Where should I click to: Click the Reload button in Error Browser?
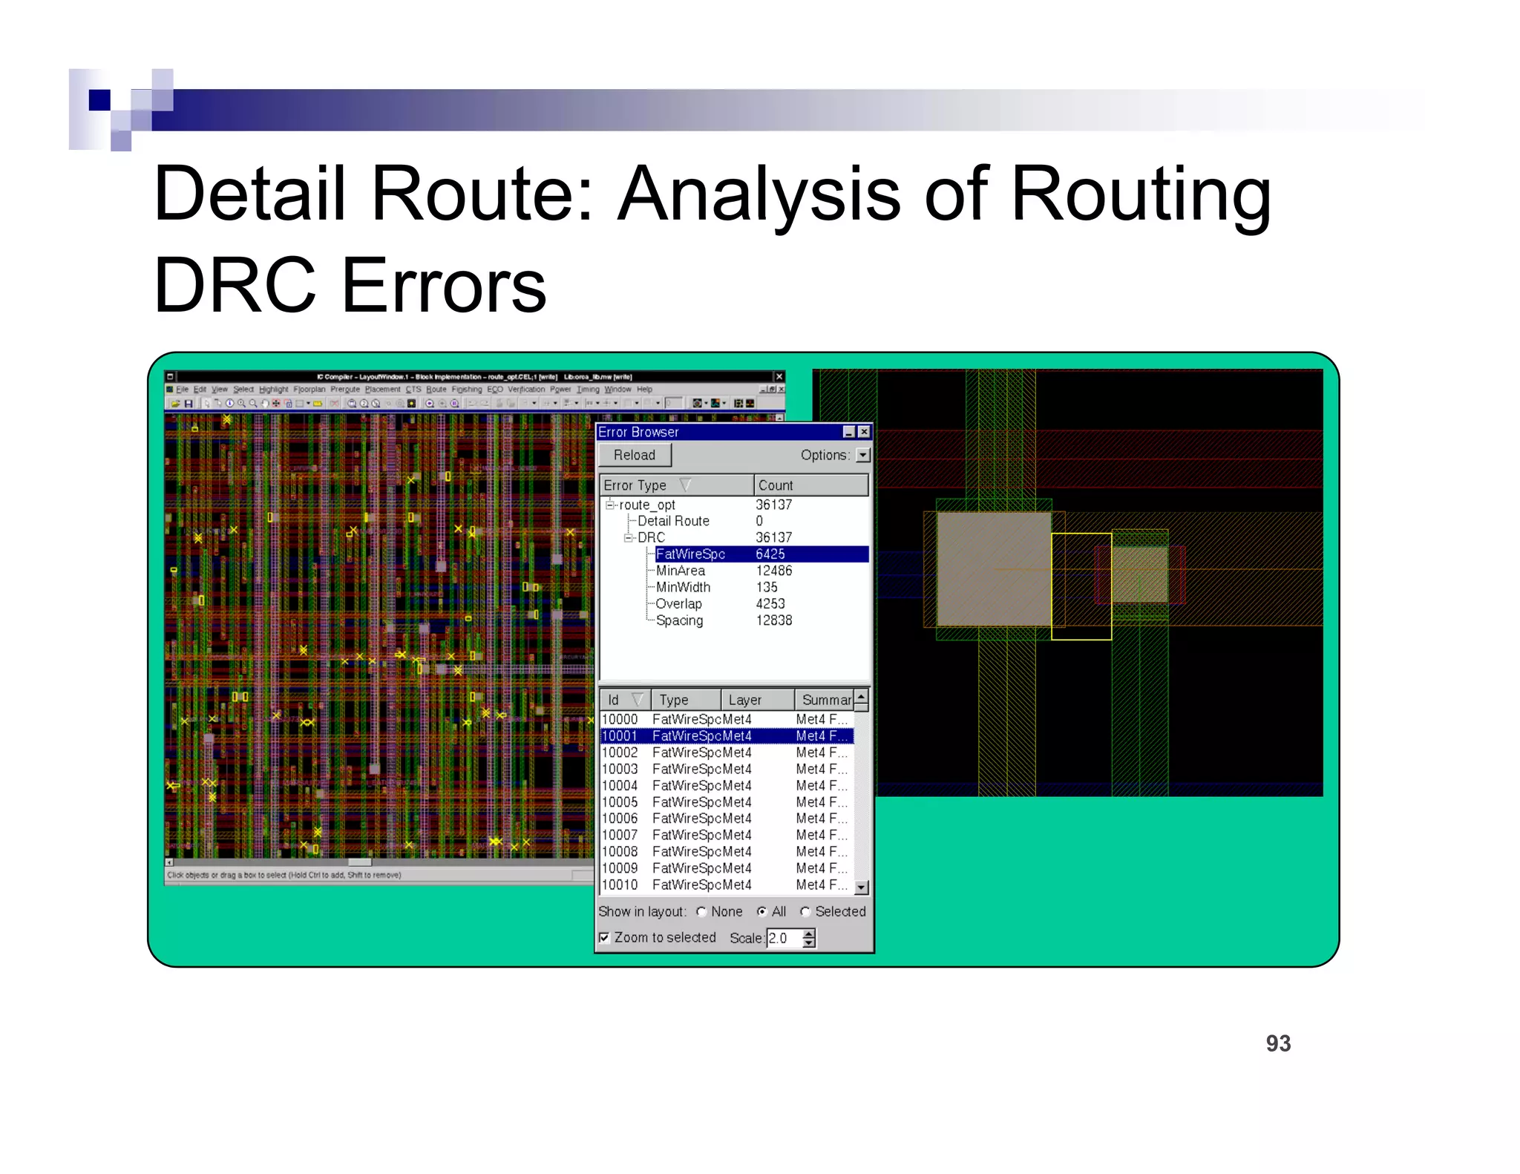[634, 455]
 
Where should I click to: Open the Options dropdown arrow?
[862, 455]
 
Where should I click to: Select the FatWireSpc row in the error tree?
[690, 554]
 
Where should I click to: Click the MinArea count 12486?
[773, 571]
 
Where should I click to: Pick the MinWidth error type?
[683, 587]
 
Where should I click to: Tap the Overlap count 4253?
[770, 604]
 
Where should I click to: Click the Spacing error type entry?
[679, 620]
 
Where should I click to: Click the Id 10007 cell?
[620, 835]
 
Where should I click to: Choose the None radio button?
[701, 911]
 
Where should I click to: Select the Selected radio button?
[805, 911]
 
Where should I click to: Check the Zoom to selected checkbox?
[605, 937]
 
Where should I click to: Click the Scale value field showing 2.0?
[782, 938]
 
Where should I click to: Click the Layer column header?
[744, 700]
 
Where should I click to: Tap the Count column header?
[776, 485]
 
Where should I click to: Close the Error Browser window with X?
[864, 432]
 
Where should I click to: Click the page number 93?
[1278, 1043]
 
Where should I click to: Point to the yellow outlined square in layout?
[1081, 586]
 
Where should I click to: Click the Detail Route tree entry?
[673, 521]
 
